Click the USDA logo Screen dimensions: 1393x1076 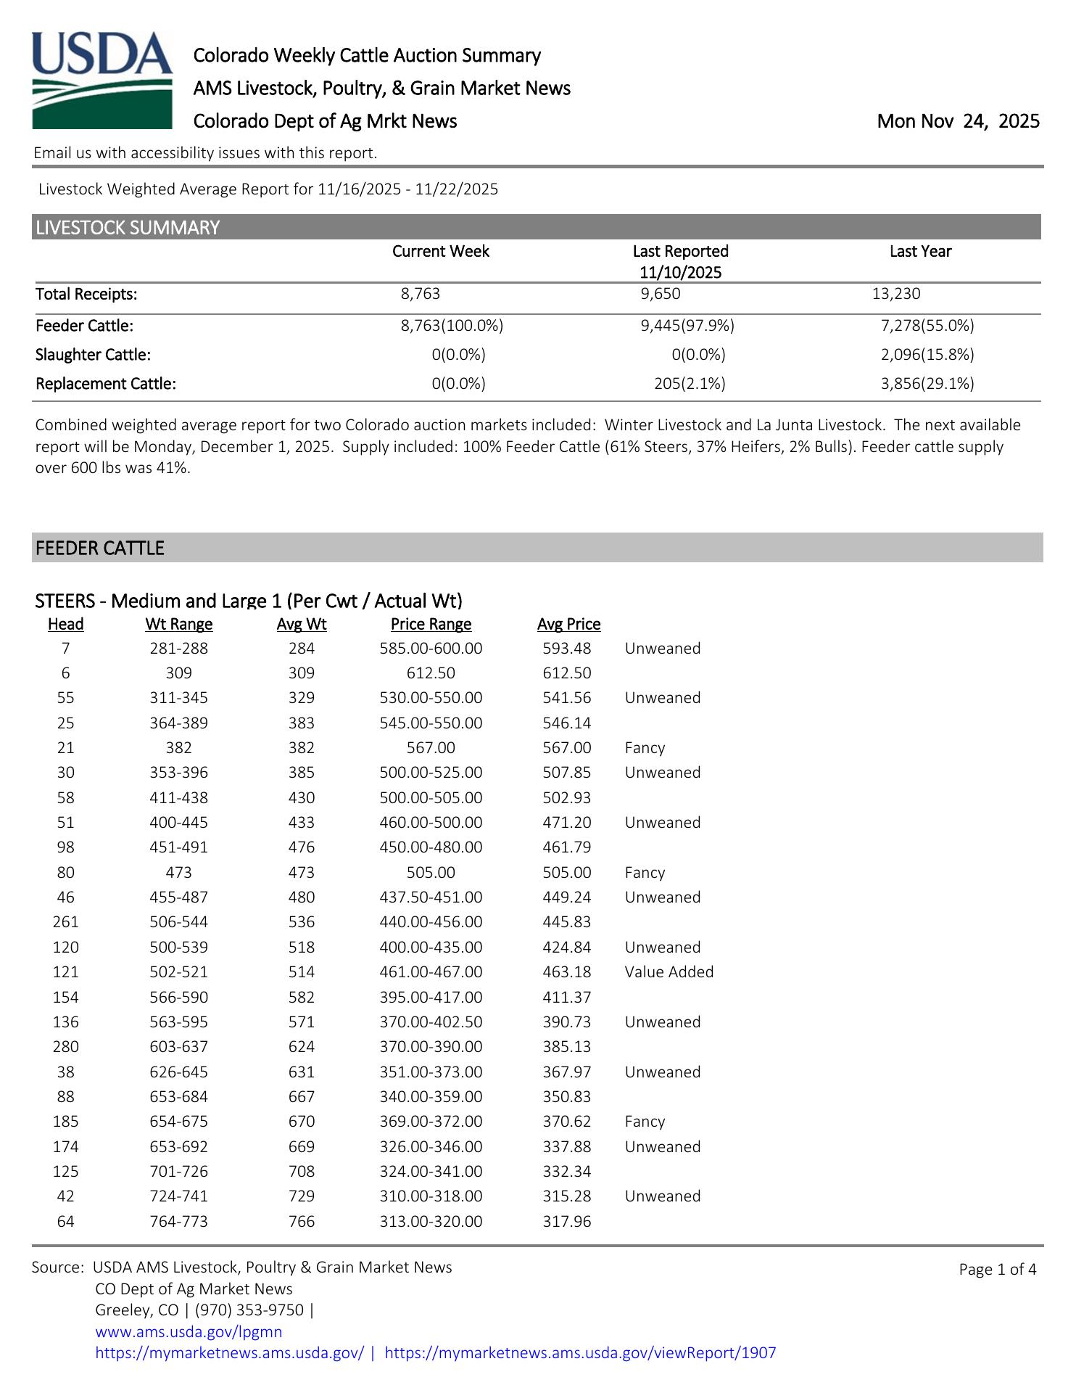(102, 80)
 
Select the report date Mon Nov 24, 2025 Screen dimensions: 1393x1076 (958, 121)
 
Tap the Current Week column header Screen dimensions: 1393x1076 (440, 251)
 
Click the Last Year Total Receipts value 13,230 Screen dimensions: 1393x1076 (896, 294)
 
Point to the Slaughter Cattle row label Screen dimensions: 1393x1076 (93, 355)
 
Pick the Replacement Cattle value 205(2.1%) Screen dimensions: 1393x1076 (690, 384)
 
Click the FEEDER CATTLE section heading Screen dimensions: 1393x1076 (100, 548)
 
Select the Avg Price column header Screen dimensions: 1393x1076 (568, 624)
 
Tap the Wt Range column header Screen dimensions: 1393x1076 (179, 624)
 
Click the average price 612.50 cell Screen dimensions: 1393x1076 (567, 673)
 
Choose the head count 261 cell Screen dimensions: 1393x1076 (66, 922)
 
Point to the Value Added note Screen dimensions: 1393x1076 (669, 972)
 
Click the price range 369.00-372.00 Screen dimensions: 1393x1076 (431, 1122)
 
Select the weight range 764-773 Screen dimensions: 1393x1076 (179, 1222)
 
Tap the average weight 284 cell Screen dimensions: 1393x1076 (302, 648)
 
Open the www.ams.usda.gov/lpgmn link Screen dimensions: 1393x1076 (189, 1332)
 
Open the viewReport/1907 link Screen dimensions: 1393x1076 (580, 1353)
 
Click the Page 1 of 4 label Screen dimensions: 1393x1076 (997, 1269)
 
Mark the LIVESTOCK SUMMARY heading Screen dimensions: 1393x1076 (128, 228)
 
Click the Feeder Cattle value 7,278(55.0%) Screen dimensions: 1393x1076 (927, 326)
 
